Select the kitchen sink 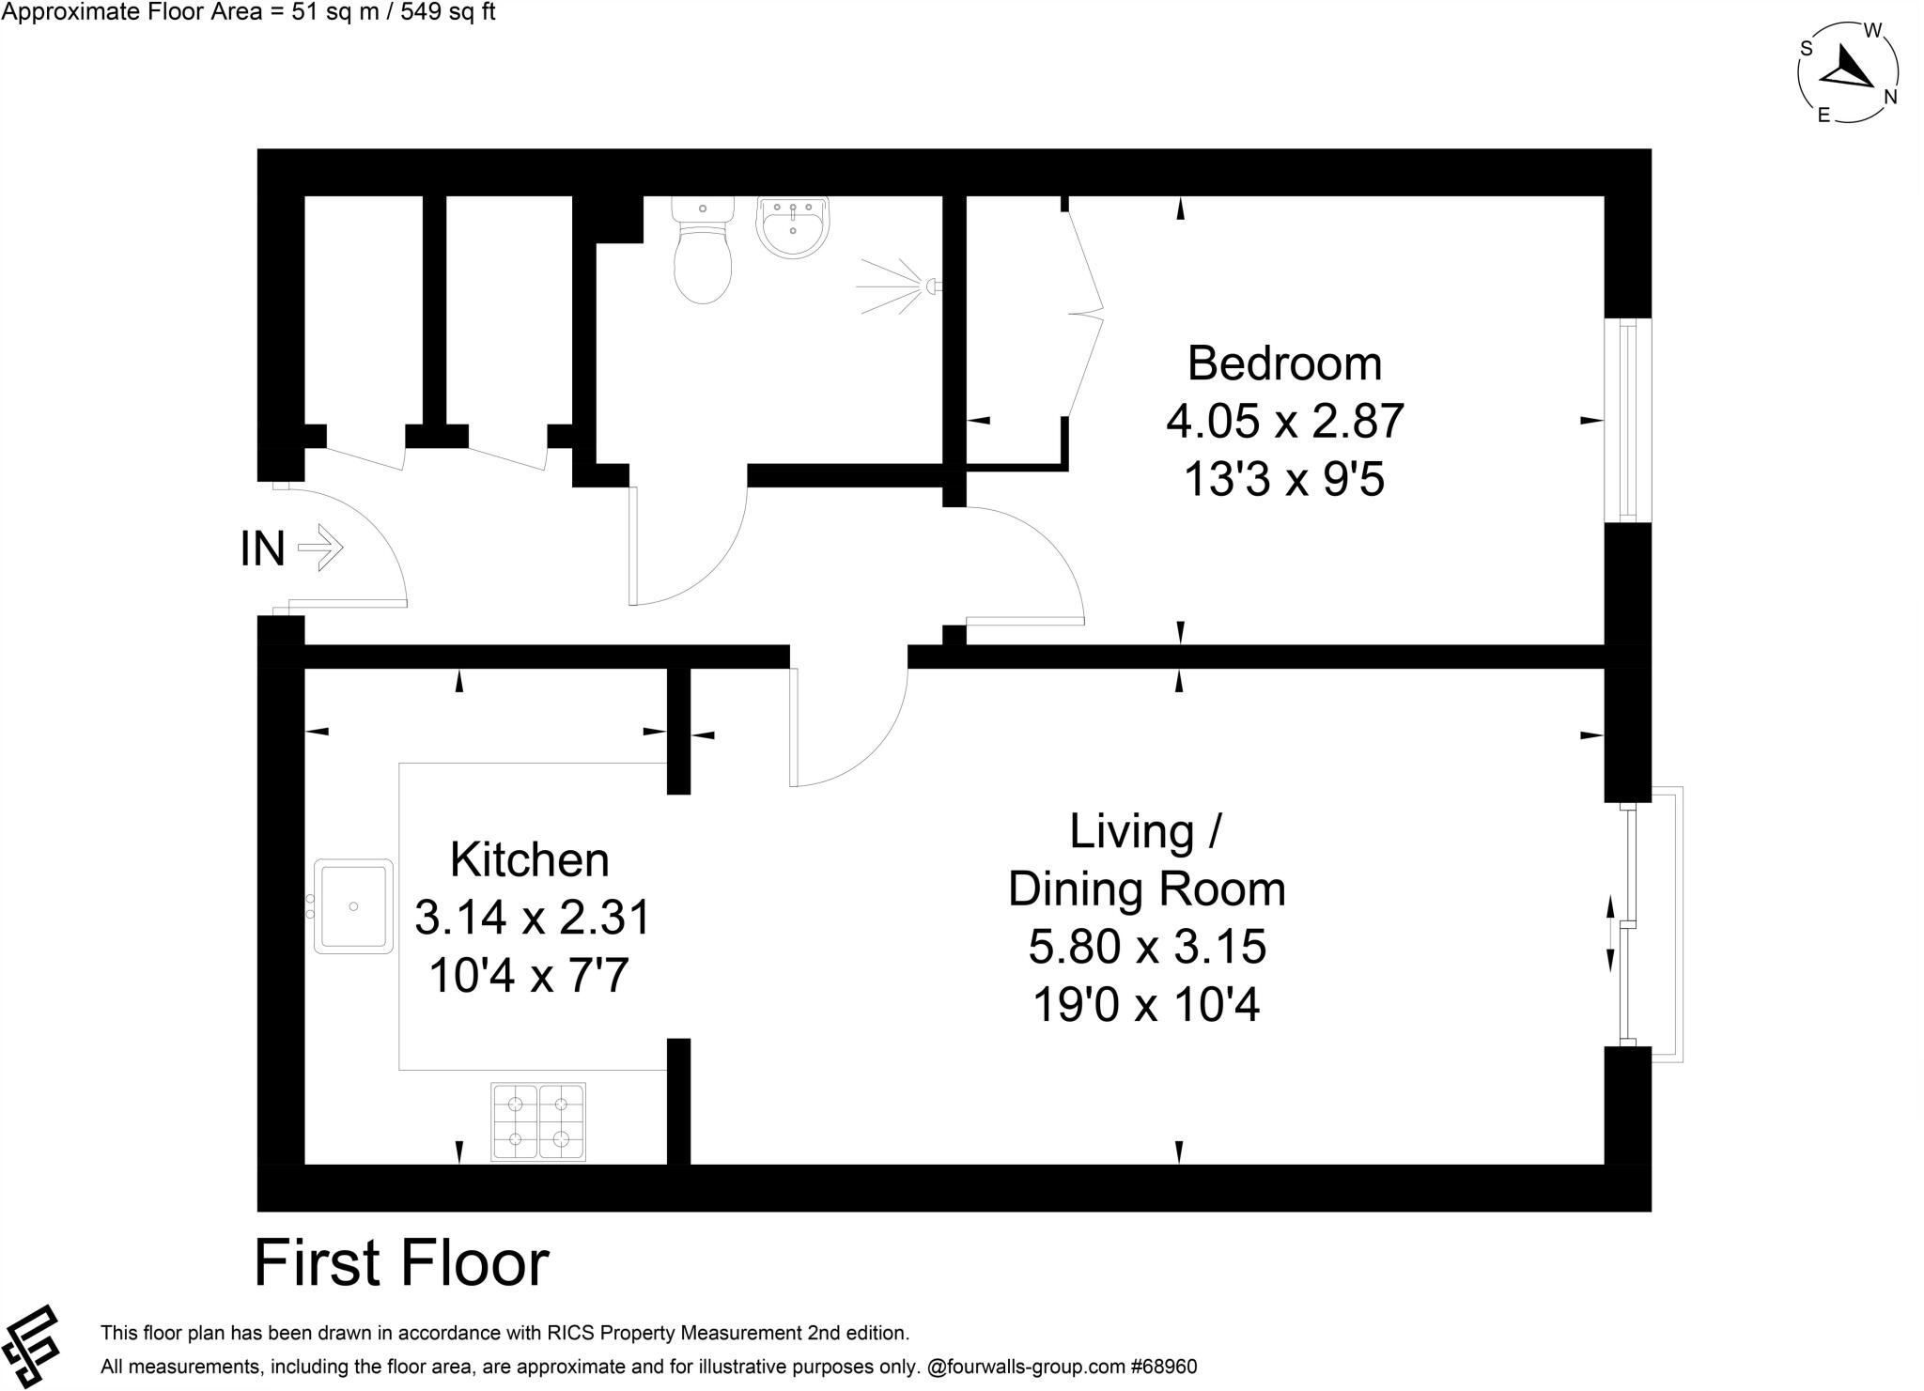352,905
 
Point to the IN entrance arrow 320,548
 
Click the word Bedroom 1284,363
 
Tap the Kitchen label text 529,859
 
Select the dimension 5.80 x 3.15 1147,947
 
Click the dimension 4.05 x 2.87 1284,421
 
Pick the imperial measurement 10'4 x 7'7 529,977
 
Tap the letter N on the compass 1890,97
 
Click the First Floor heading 401,1263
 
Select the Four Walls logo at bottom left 31,1345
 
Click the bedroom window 1628,420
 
